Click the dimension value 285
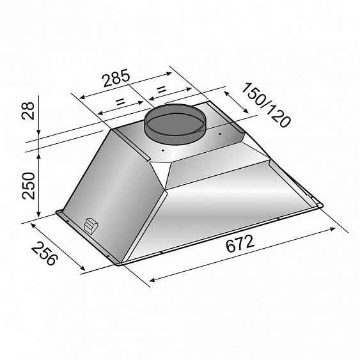116,78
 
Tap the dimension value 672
240,243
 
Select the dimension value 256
44,253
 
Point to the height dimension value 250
28,185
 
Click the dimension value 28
27,111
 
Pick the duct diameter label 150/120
266,105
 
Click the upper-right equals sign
161,90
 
